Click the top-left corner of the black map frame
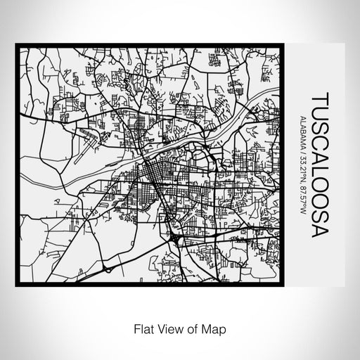click(16, 45)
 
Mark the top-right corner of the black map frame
click(285, 45)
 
